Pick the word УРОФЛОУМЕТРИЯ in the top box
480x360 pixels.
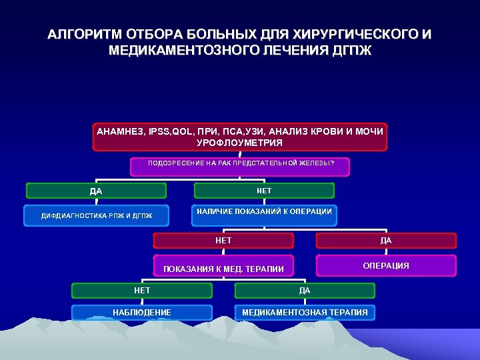(239, 143)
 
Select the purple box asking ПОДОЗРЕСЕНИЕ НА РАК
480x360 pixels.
(240, 164)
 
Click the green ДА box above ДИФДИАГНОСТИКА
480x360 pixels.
(96, 191)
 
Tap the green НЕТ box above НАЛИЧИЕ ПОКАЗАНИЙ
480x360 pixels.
(264, 191)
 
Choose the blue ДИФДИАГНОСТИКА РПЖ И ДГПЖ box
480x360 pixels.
(96, 216)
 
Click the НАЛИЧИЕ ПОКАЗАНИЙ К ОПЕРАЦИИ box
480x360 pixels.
(264, 212)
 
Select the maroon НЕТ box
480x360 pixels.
(223, 240)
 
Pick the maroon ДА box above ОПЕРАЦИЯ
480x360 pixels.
(386, 241)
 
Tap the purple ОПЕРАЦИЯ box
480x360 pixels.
(386, 265)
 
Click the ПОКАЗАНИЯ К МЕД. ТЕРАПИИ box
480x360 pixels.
(223, 268)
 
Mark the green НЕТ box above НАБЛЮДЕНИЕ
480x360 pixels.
(142, 291)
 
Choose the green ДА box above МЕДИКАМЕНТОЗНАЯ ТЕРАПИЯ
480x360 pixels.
(305, 291)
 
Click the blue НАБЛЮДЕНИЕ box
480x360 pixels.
(142, 312)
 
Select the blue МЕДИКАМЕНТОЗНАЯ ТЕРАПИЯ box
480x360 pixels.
(305, 312)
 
